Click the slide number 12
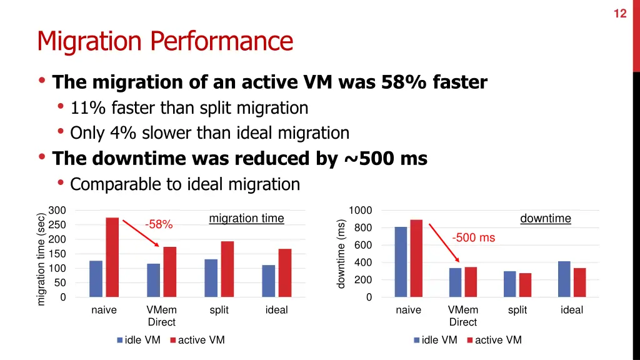(619, 14)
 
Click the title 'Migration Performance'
(165, 42)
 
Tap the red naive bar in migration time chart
(112, 257)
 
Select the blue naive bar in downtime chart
(401, 262)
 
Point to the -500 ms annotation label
(473, 237)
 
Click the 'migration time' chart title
(246, 219)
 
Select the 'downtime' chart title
(545, 219)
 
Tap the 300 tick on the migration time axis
(57, 211)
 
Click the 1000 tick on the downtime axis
(361, 211)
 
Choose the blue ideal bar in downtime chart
(564, 279)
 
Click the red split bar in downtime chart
(525, 285)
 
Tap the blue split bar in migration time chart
(211, 278)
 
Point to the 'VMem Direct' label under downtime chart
(463, 316)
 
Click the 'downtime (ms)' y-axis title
(341, 254)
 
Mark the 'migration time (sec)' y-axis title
(41, 258)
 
